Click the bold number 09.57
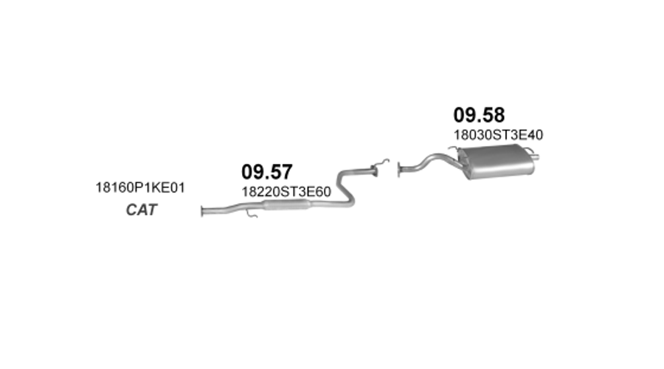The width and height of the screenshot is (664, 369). (267, 172)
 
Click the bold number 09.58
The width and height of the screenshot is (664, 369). (479, 115)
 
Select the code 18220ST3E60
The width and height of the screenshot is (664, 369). (286, 192)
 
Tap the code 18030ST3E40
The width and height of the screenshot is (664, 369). (499, 135)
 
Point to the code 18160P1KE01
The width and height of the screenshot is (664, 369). (140, 187)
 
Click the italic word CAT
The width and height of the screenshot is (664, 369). (142, 210)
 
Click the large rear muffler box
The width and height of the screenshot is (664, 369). (497, 161)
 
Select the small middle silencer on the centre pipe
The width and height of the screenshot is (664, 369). (287, 204)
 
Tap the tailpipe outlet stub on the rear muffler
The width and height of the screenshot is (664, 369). (536, 158)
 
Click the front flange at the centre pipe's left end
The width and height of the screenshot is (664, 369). (202, 211)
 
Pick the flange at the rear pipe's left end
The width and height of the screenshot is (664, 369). (399, 170)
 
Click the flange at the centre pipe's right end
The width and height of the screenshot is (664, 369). (374, 170)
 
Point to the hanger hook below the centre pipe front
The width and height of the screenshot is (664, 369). (251, 214)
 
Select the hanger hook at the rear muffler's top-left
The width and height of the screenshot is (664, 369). (454, 149)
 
